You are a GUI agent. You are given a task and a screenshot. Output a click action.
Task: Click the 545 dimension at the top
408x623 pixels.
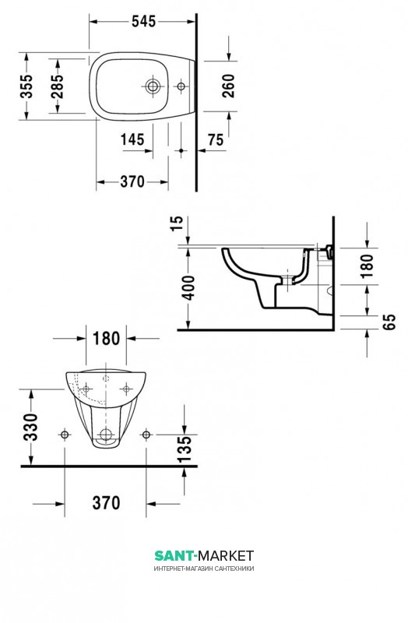point(144,22)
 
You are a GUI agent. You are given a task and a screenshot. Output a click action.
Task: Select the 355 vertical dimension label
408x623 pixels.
point(27,86)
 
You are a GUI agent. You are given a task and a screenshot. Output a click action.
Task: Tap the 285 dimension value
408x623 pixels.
point(57,86)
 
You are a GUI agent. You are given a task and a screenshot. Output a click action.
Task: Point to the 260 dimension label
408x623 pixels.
point(229,86)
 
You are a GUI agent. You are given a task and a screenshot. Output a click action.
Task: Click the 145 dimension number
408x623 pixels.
point(132,139)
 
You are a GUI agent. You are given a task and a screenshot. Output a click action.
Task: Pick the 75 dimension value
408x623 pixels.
point(216,140)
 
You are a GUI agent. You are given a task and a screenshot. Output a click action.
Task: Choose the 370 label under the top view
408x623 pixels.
point(132,182)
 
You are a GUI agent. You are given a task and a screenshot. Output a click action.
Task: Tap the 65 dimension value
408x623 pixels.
point(390,322)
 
